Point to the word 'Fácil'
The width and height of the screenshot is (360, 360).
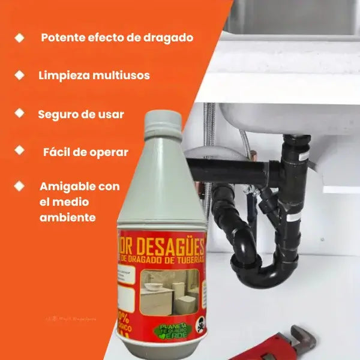[58, 152]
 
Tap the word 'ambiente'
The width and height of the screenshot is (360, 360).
[67, 217]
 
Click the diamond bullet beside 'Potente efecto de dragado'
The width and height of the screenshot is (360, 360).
[20, 37]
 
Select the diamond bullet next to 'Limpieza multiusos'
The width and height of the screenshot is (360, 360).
[20, 76]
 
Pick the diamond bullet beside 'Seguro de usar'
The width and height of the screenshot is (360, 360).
[20, 113]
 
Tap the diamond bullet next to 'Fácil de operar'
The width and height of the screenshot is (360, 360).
[20, 149]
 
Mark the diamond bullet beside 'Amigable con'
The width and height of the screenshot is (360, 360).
[20, 186]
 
